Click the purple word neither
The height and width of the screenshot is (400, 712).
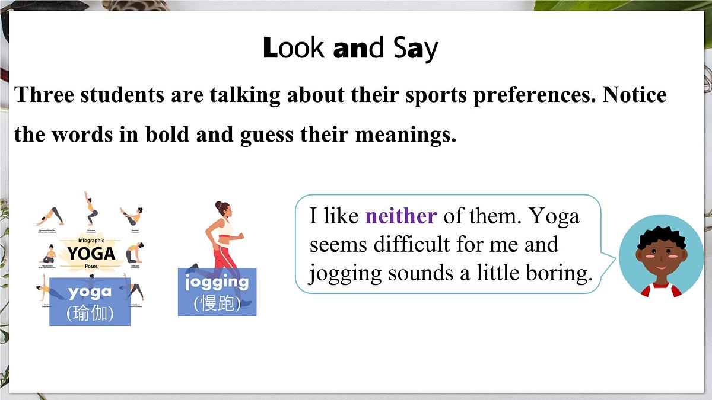pyautogui.click(x=401, y=216)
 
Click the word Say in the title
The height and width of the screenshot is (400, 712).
pyautogui.click(x=415, y=49)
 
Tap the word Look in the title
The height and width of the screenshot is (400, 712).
pyautogui.click(x=294, y=49)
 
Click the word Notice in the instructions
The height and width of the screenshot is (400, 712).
pyautogui.click(x=635, y=95)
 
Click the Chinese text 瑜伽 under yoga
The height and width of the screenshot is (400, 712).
pyautogui.click(x=90, y=312)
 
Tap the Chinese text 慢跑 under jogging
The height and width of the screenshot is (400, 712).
pyautogui.click(x=217, y=303)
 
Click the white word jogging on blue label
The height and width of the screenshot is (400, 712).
pyautogui.click(x=217, y=281)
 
